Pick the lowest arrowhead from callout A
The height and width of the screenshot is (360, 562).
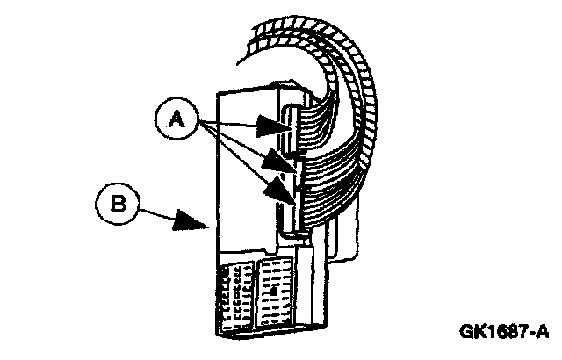(x=285, y=188)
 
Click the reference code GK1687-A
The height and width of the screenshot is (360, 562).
(x=502, y=331)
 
